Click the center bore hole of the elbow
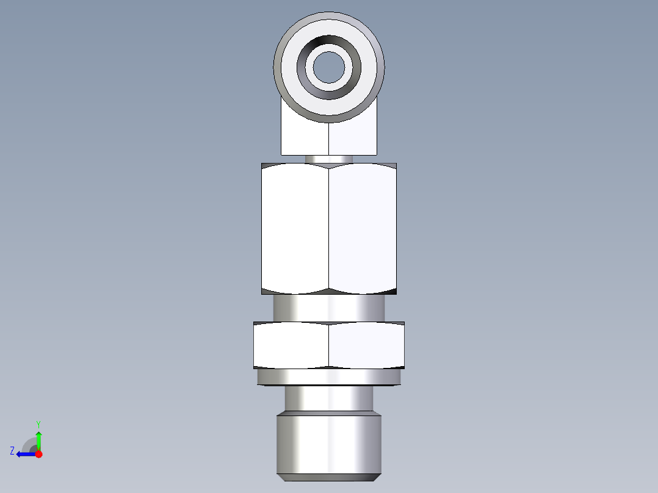tap(329, 67)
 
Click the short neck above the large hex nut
tap(329, 159)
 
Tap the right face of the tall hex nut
tap(363, 229)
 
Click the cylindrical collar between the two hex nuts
tap(329, 308)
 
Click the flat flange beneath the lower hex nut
tap(329, 378)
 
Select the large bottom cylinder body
tap(329, 442)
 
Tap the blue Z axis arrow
tap(24, 453)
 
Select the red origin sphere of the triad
tap(39, 454)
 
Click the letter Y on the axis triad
tap(38, 424)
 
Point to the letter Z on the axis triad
tap(12, 451)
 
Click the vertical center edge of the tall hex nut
tap(329, 229)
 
